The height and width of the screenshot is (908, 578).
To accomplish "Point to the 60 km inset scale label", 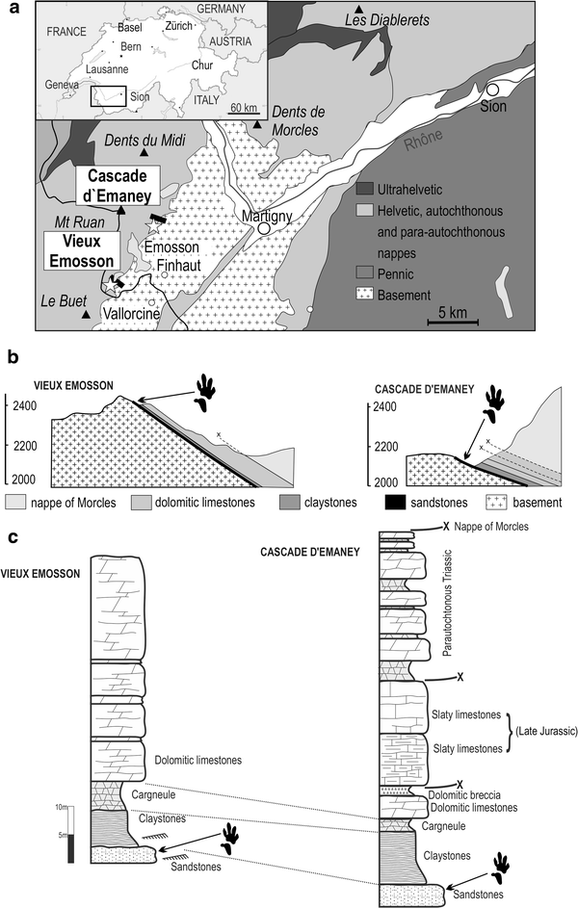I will tap(243, 107).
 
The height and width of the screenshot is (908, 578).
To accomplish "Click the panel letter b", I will tap(13, 356).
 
